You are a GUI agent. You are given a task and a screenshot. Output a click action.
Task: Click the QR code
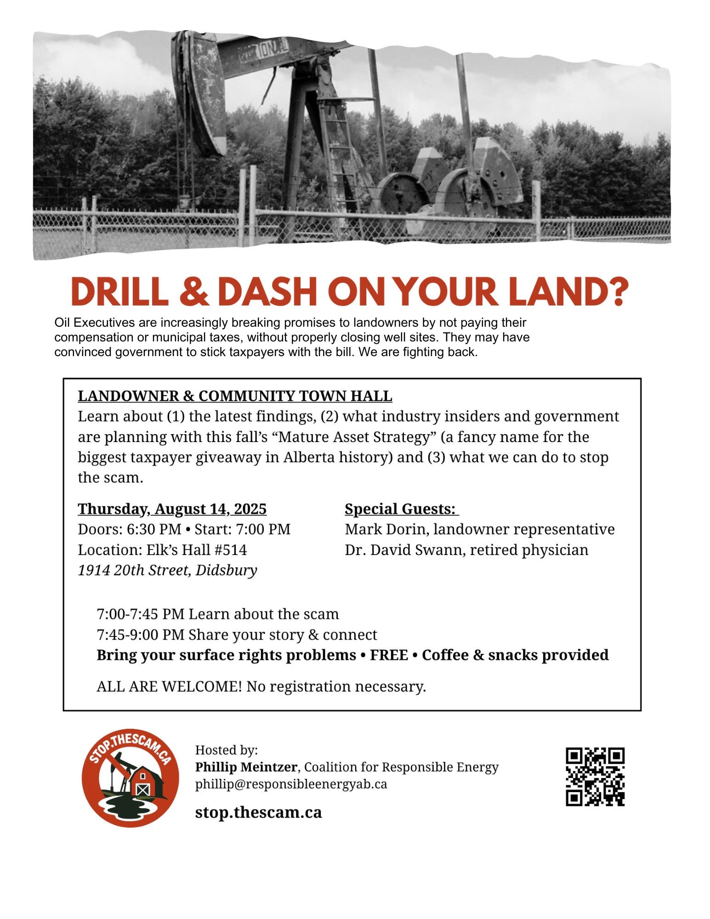click(595, 777)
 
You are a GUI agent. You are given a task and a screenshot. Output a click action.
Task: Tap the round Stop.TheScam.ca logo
click(131, 778)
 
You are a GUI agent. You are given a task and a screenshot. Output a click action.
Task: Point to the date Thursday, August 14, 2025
click(172, 509)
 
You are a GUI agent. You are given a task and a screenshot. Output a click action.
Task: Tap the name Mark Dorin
click(386, 529)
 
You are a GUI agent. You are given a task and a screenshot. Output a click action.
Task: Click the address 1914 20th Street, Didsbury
click(167, 570)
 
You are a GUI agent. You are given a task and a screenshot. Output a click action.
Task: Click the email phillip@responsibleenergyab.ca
click(291, 784)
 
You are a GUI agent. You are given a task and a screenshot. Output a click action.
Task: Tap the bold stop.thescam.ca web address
click(258, 812)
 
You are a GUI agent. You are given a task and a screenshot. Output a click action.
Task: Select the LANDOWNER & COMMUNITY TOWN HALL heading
click(235, 396)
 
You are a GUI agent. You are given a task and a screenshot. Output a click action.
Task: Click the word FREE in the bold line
click(389, 655)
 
